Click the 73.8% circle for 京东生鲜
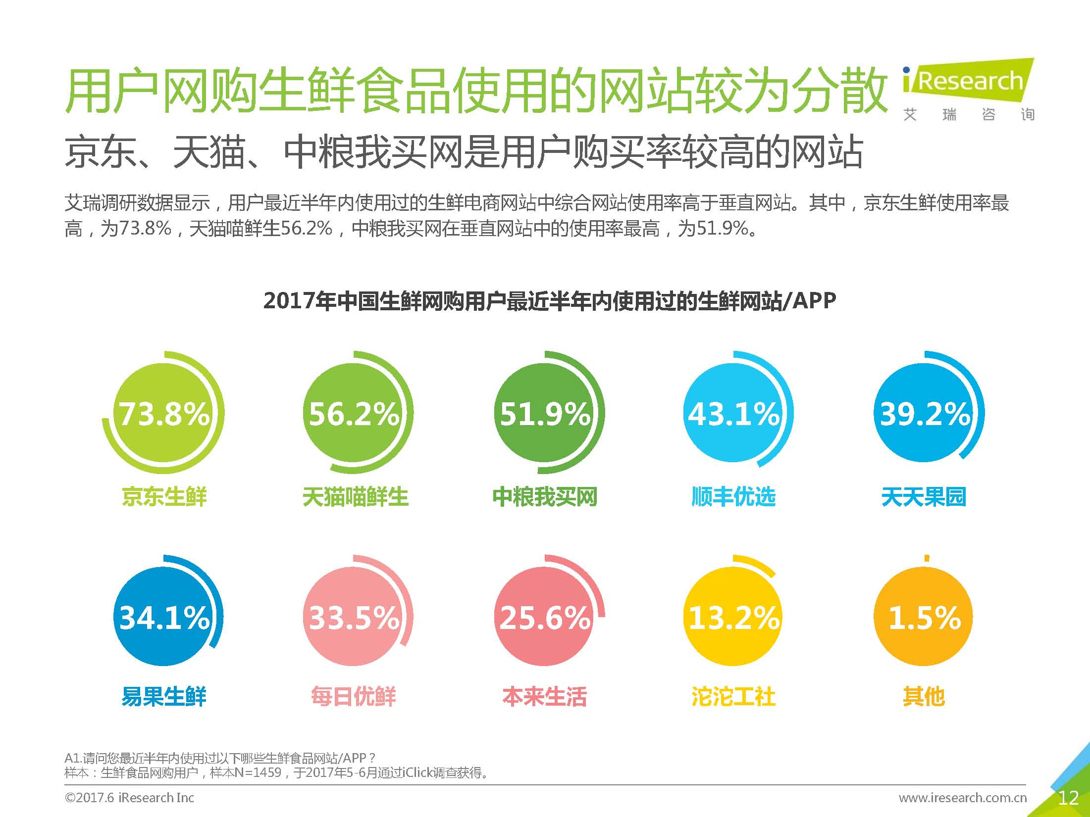163,413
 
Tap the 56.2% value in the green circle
354,413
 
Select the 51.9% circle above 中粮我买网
544,413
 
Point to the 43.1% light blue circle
734,413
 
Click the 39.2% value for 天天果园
924,413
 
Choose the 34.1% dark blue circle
163,617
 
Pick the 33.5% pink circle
354,617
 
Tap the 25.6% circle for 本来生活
544,617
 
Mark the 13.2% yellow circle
734,617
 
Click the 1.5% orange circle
924,617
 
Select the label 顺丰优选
733,497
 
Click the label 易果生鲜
164,696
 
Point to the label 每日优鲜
354,696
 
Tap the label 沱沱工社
733,696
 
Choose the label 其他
924,696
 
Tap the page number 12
1068,798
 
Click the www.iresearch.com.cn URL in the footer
963,798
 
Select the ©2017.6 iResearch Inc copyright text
129,798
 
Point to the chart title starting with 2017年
550,300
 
